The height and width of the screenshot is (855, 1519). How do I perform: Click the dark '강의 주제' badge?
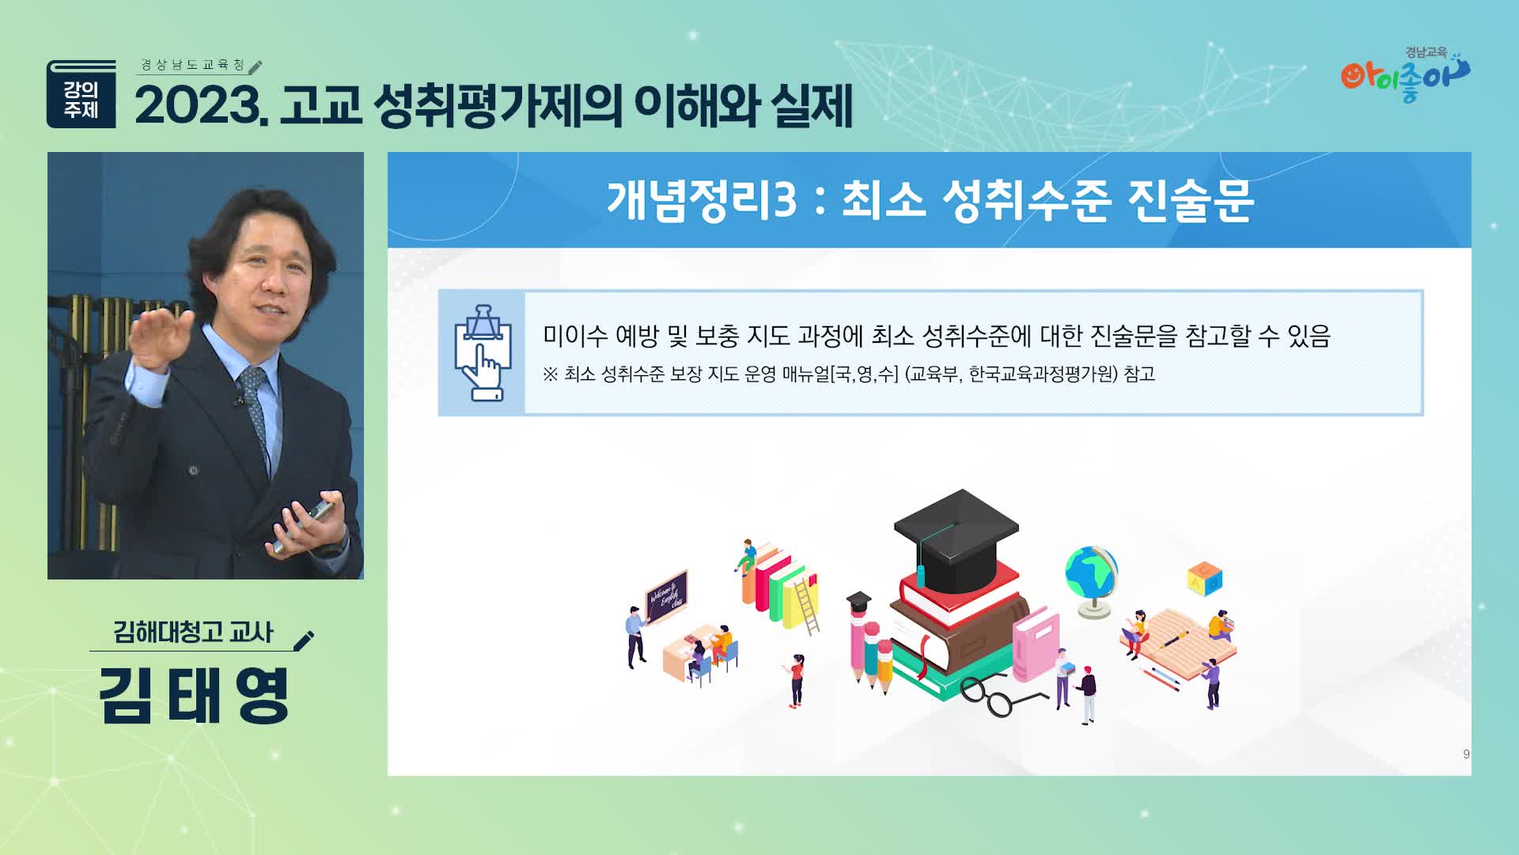81,94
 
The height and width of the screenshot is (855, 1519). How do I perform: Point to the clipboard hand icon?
482,352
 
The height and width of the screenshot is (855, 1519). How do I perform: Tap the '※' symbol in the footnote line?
551,374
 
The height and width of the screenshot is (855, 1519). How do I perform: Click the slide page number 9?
1466,754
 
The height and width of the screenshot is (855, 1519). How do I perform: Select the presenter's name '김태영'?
194,696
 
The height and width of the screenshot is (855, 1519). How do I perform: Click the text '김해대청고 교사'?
193,633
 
